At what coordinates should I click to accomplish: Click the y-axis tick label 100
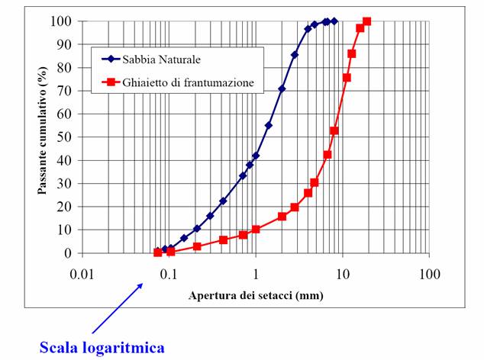[64, 21]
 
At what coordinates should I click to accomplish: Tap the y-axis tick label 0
[69, 253]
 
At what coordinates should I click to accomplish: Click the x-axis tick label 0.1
[169, 272]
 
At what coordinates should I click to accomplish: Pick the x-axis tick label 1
[256, 272]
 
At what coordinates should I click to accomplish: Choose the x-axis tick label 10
[343, 272]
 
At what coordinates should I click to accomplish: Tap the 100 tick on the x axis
[430, 272]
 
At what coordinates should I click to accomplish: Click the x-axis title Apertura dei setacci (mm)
[256, 293]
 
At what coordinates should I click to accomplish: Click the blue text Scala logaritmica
[102, 347]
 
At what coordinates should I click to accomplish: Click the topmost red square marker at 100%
[366, 21]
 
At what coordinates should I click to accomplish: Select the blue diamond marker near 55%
[269, 125]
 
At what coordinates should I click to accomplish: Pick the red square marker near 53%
[334, 130]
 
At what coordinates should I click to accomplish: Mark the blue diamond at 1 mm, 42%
[256, 156]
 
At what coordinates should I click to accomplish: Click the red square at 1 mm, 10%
[256, 229]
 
